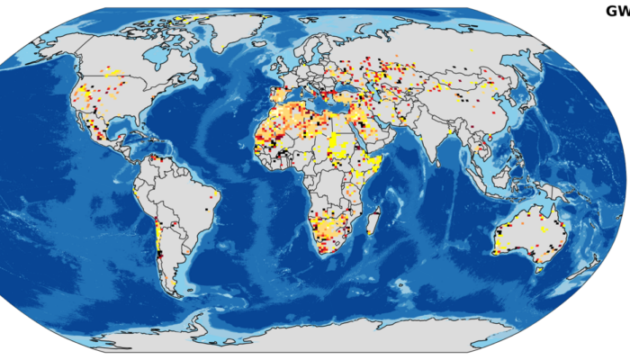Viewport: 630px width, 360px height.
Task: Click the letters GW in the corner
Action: point(616,11)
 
